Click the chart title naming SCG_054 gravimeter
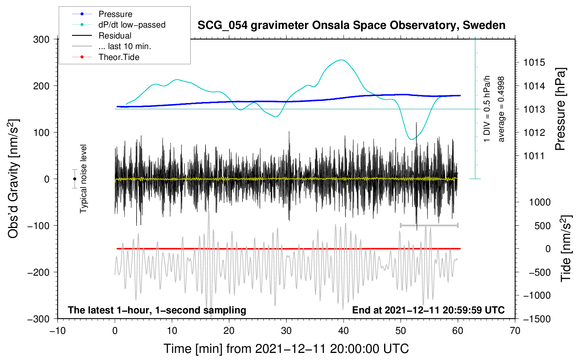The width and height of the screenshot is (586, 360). (351, 25)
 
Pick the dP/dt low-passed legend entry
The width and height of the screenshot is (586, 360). (132, 25)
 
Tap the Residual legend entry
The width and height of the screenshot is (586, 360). (115, 36)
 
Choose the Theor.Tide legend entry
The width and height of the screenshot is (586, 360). (119, 57)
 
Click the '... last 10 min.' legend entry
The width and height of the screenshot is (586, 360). (125, 46)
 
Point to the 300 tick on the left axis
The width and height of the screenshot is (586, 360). (41, 39)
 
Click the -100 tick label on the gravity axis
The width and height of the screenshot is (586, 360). (38, 226)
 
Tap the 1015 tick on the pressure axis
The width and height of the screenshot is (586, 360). (534, 62)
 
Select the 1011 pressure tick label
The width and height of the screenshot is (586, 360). (534, 156)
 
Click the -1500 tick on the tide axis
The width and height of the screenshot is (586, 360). (537, 319)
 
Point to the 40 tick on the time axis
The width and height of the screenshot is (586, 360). (343, 331)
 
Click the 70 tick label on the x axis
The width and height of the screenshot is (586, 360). (515, 331)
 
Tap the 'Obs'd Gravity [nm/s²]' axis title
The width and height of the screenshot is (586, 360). (13, 179)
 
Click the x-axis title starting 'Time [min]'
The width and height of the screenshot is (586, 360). (286, 349)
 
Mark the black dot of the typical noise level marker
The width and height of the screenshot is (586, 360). (75, 179)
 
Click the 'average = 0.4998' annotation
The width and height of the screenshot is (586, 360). (501, 109)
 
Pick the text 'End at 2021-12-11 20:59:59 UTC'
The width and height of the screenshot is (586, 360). (428, 310)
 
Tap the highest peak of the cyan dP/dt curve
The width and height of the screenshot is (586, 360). (341, 60)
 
